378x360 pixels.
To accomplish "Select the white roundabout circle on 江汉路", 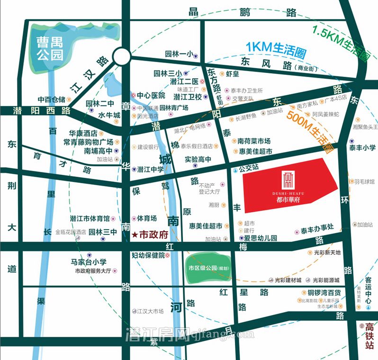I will [122, 57].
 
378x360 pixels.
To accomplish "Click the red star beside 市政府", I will [135, 234].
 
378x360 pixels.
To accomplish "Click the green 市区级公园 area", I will [208, 268].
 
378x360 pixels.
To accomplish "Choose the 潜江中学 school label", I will [150, 169].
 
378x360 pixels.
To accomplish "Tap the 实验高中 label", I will [198, 159].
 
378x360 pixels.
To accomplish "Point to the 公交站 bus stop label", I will [249, 168].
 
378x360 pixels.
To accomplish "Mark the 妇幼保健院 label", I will [148, 255].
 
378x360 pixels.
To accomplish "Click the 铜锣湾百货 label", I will [324, 292].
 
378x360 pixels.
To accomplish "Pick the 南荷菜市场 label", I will [254, 141].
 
